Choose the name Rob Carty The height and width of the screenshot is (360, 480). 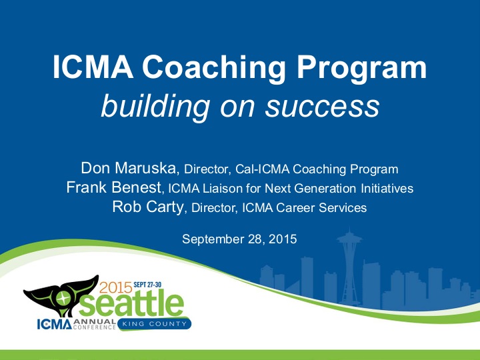147,207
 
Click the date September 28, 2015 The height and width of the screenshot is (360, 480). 239,238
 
